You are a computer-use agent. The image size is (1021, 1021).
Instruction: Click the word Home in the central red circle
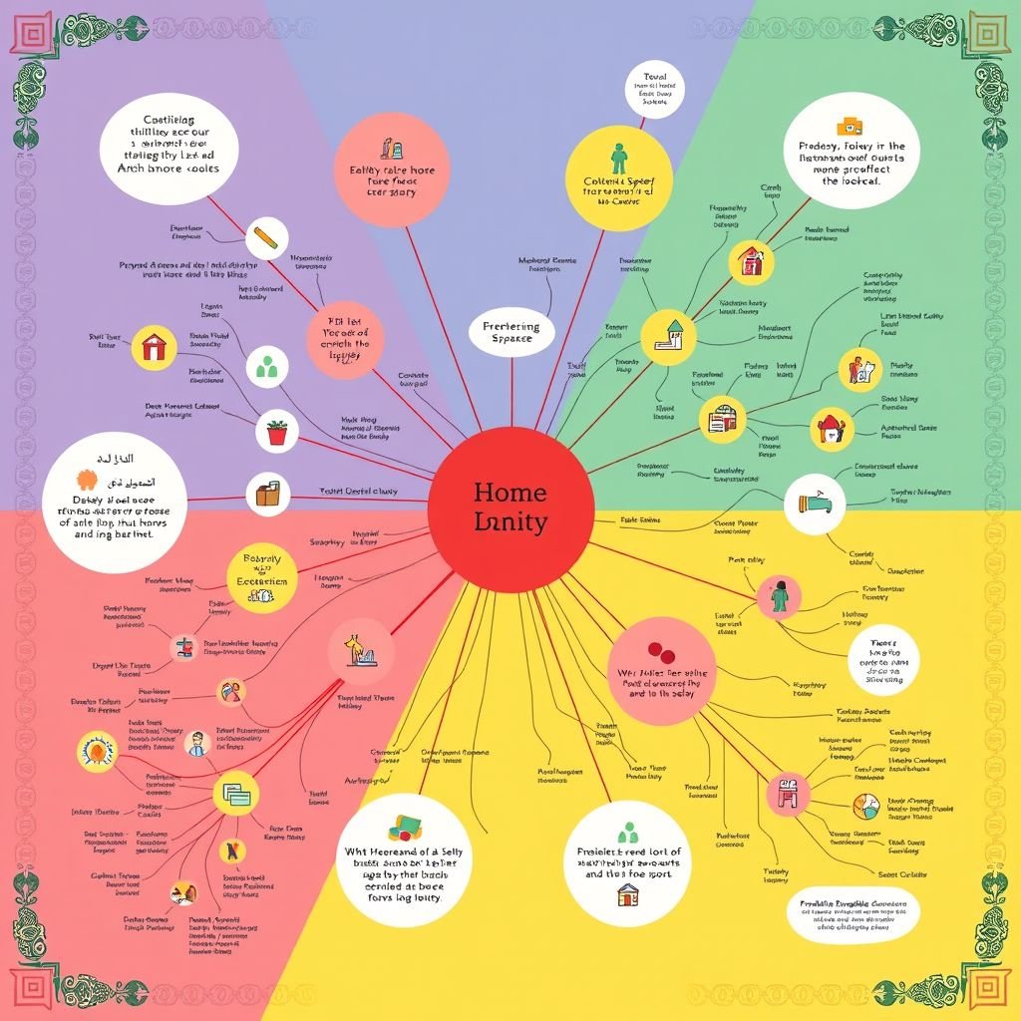(x=510, y=492)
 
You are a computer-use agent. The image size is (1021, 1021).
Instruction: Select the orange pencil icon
(x=265, y=238)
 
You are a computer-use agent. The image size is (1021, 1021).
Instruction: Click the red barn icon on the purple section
(x=155, y=347)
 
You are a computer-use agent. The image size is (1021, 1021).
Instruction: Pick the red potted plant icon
(x=276, y=432)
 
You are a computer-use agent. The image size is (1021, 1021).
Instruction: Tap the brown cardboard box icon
(x=266, y=494)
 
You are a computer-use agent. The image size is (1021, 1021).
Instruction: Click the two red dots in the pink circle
(x=662, y=653)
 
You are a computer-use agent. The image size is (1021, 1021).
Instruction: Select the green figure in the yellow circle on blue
(x=619, y=158)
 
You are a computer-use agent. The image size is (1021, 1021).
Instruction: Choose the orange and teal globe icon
(x=865, y=806)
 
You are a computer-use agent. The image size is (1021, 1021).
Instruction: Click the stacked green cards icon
(x=236, y=794)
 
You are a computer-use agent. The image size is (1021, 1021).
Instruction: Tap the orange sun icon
(x=97, y=749)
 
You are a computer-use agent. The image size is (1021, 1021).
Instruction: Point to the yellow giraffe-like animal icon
(x=356, y=651)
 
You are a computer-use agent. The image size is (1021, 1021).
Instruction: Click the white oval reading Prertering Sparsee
(x=510, y=332)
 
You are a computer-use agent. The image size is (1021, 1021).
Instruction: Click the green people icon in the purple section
(x=266, y=368)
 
